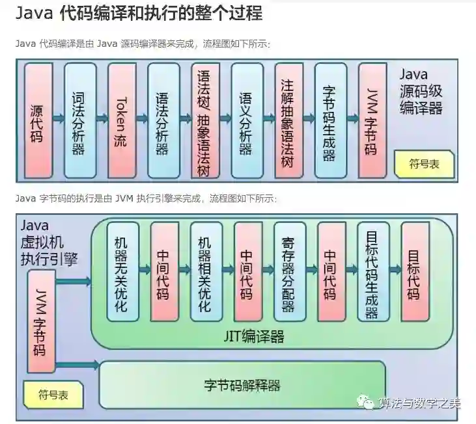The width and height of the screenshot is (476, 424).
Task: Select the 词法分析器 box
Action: (x=79, y=120)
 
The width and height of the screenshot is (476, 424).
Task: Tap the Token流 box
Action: (x=121, y=120)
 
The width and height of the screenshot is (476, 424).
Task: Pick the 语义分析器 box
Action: (x=246, y=120)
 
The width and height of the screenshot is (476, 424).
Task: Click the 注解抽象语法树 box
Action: (x=288, y=120)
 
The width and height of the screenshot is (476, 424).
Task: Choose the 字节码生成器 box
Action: (x=329, y=120)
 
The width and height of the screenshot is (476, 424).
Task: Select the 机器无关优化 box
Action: (x=122, y=271)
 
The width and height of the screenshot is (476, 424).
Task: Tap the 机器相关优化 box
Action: (x=206, y=271)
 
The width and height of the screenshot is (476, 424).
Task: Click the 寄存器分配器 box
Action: (x=289, y=271)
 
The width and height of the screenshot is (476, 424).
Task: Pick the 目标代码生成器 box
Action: (x=372, y=271)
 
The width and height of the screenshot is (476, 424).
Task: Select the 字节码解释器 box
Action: (x=242, y=385)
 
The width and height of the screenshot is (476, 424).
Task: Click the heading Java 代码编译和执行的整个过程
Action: (x=139, y=13)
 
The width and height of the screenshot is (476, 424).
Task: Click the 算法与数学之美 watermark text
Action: (x=420, y=403)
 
